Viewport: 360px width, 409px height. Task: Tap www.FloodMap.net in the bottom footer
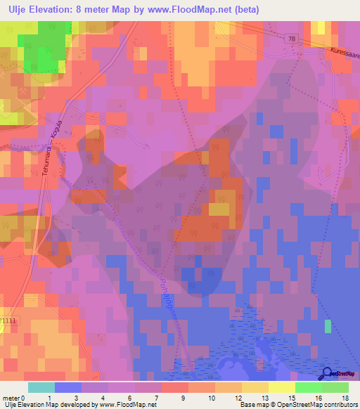click(x=124, y=405)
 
